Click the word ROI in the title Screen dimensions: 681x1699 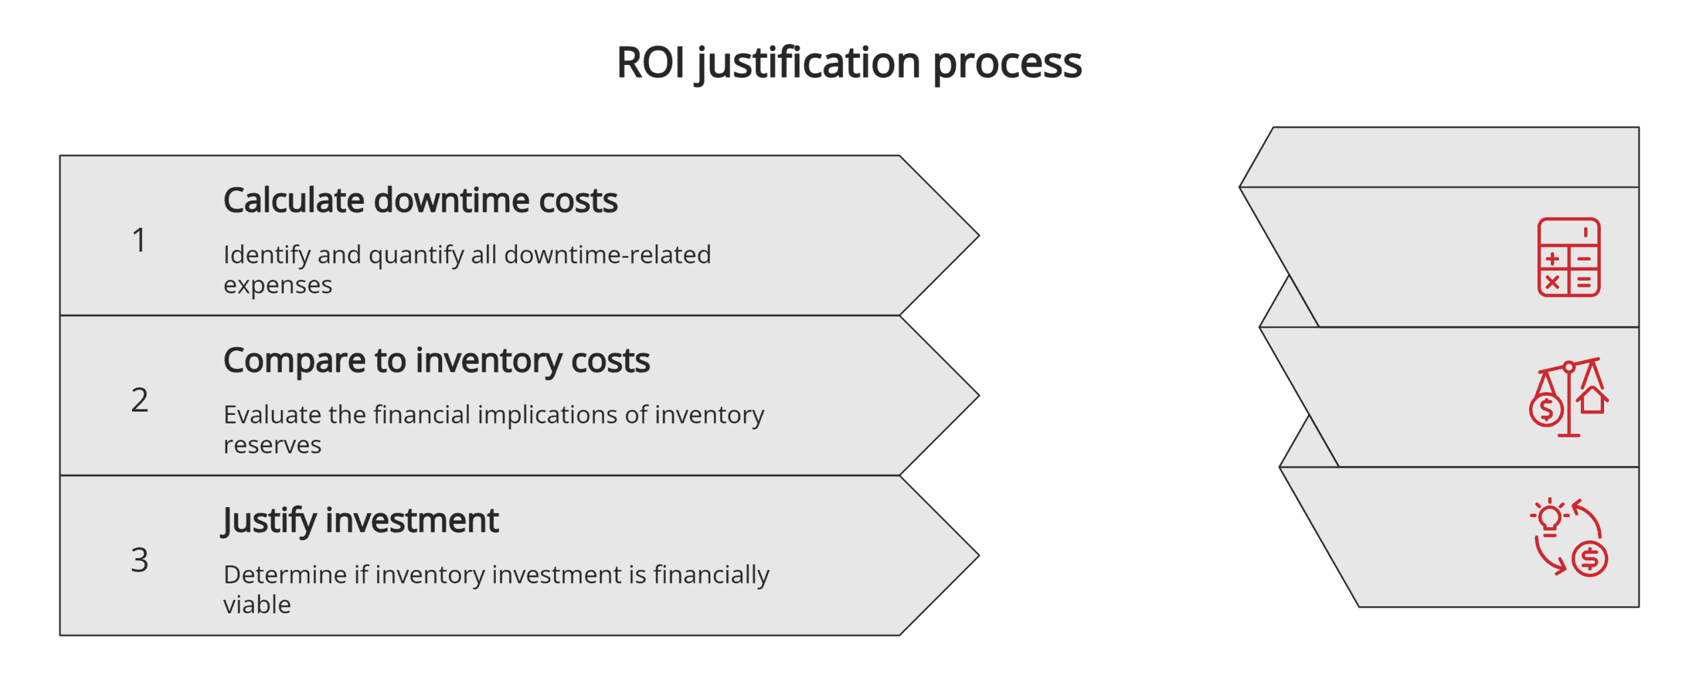[x=650, y=63]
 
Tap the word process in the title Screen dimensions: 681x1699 [x=1007, y=63]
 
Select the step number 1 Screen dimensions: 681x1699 [x=139, y=240]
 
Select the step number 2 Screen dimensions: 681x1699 [x=139, y=400]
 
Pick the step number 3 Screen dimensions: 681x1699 [x=139, y=560]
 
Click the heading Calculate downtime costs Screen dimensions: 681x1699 [x=420, y=200]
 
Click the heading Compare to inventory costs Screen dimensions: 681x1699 [x=436, y=360]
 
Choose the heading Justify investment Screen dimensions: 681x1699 [x=360, y=520]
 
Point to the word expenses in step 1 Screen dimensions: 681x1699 [x=277, y=285]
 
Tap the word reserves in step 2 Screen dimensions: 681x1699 [x=272, y=445]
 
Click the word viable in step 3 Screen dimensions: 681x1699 [x=257, y=605]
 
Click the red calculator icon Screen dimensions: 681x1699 [x=1568, y=257]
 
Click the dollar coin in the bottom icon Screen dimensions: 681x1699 [x=1589, y=559]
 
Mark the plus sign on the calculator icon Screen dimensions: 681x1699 [x=1552, y=259]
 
